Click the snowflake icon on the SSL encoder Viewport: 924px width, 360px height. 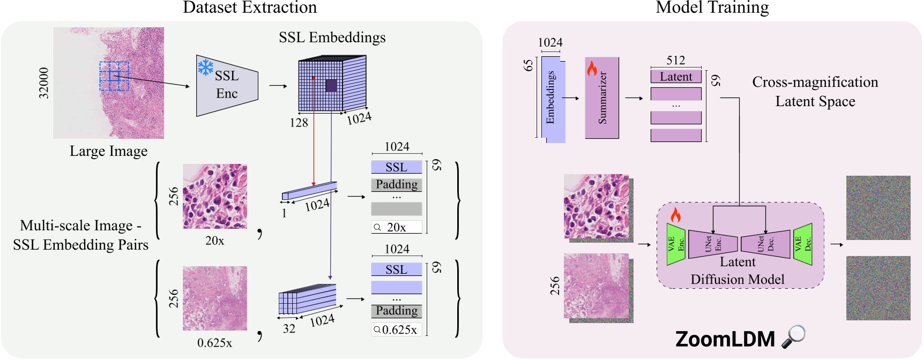[205, 67]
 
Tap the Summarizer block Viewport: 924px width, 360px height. [602, 98]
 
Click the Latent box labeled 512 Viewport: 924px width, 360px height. [675, 77]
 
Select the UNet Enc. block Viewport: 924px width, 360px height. [712, 244]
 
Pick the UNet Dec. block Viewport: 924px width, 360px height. [765, 244]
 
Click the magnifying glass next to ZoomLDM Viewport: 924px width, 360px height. [794, 336]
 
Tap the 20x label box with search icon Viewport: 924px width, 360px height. [397, 227]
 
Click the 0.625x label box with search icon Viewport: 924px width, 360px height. [397, 329]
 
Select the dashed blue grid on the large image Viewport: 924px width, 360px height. [114, 76]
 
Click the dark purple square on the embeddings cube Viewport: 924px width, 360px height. [331, 85]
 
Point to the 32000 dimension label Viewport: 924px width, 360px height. [44, 83]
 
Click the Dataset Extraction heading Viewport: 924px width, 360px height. [250, 7]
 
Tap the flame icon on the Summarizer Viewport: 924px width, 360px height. [592, 69]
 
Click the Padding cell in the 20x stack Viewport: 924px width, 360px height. [397, 185]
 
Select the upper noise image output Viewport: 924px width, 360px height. [878, 208]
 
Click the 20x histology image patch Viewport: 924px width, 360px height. [215, 196]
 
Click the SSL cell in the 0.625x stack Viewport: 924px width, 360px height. [397, 269]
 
